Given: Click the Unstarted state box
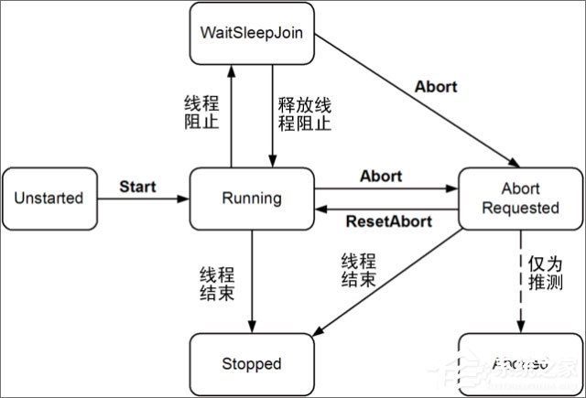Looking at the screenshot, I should click(50, 199).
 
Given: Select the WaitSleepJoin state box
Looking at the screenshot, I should click(252, 33).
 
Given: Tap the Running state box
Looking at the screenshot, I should click(252, 199).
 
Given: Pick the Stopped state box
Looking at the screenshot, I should click(252, 363).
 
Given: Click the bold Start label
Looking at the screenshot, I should click(137, 187).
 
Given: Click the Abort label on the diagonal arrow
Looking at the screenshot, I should click(436, 88).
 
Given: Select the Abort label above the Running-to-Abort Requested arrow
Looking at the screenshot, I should click(382, 175).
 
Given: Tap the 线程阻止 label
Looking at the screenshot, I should click(202, 113).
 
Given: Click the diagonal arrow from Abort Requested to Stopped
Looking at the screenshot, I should click(394, 279).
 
